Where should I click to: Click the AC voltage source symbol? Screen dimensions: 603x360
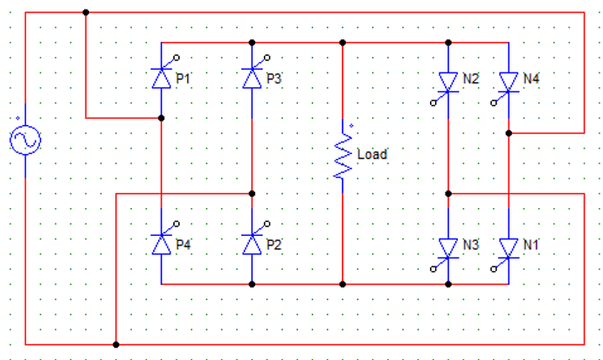(25, 140)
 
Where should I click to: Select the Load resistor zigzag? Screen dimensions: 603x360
(343, 156)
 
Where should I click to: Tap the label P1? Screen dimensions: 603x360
(183, 79)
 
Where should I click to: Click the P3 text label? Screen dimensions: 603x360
(274, 79)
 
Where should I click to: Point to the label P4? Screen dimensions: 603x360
(183, 245)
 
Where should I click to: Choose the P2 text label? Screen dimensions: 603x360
(274, 245)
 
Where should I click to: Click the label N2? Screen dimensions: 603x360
(471, 79)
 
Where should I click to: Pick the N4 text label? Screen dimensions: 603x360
(531, 79)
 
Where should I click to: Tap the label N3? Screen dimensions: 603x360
(471, 245)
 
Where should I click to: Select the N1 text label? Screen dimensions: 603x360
(530, 245)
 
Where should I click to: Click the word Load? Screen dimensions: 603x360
(372, 155)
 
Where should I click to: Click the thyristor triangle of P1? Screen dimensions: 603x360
(162, 79)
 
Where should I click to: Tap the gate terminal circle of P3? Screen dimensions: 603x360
(267, 58)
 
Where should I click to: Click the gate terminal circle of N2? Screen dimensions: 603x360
(433, 103)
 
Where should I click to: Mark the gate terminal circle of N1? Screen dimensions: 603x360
(494, 269)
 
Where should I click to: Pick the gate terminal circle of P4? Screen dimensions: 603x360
(177, 224)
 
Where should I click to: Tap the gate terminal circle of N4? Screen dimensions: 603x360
(494, 103)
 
